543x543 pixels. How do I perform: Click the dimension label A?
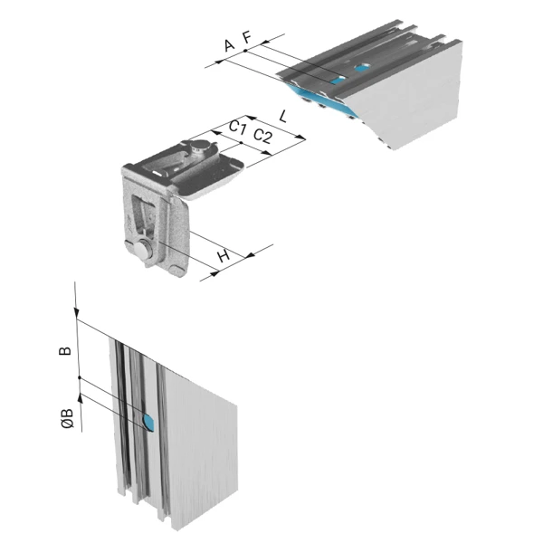(229, 45)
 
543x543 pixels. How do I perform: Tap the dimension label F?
(246, 37)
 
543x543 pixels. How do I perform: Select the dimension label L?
(283, 117)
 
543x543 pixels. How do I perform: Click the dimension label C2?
(262, 136)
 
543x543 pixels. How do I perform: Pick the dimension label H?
(224, 256)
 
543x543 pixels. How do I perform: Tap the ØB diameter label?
(68, 418)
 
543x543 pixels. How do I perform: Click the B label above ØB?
(65, 351)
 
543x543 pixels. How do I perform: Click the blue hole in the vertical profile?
(149, 422)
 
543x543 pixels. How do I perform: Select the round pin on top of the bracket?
(200, 147)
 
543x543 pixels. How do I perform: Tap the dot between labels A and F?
(245, 51)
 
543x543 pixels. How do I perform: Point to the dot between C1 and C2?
(241, 142)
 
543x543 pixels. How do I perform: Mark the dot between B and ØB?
(80, 377)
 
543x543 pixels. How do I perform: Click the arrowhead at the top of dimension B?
(76, 313)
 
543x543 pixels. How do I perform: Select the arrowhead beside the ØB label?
(81, 397)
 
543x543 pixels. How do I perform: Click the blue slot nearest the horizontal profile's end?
(338, 81)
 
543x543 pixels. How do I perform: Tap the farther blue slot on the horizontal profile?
(361, 69)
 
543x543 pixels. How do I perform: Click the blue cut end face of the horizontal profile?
(320, 99)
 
